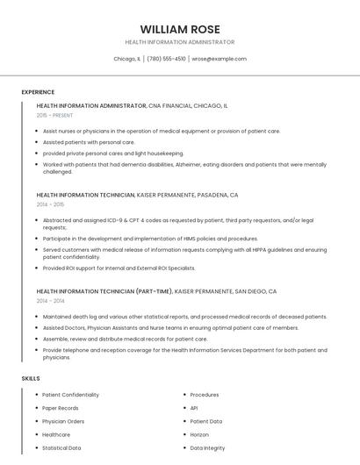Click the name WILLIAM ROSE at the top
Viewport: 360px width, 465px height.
[x=180, y=29]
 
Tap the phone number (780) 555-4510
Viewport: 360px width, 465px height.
[x=167, y=59]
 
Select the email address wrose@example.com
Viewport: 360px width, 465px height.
[x=219, y=59]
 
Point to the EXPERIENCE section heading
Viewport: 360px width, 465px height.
[x=38, y=92]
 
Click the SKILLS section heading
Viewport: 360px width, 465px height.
[x=31, y=378]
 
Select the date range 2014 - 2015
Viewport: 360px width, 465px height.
[x=51, y=204]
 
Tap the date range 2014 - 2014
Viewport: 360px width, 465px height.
[x=51, y=301]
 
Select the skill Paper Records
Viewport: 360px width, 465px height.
[x=61, y=408]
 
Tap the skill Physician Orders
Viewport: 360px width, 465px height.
[x=63, y=421]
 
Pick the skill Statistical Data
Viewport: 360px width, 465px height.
[x=62, y=447]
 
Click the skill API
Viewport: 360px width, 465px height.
[x=194, y=408]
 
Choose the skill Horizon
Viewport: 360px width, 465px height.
[x=199, y=434]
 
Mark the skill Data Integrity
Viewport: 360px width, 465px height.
[x=207, y=447]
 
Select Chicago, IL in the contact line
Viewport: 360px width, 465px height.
[x=127, y=59]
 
